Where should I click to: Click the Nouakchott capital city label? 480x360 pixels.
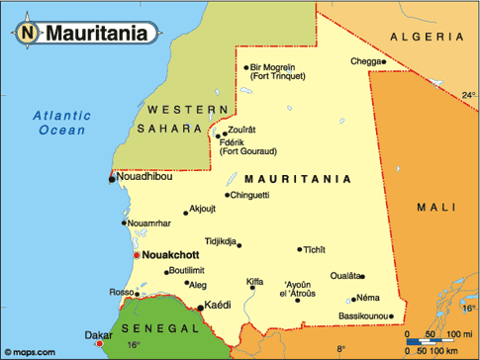pyautogui.click(x=172, y=254)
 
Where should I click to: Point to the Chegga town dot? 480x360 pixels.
pyautogui.click(x=383, y=61)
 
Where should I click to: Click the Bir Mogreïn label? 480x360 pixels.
pyautogui.click(x=277, y=67)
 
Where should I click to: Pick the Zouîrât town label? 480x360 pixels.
pyautogui.click(x=241, y=131)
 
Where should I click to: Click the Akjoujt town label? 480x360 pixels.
pyautogui.click(x=203, y=209)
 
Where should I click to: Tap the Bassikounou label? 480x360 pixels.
pyautogui.click(x=361, y=316)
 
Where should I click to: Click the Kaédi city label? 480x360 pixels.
pyautogui.click(x=217, y=307)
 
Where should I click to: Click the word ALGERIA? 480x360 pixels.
pyautogui.click(x=425, y=36)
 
